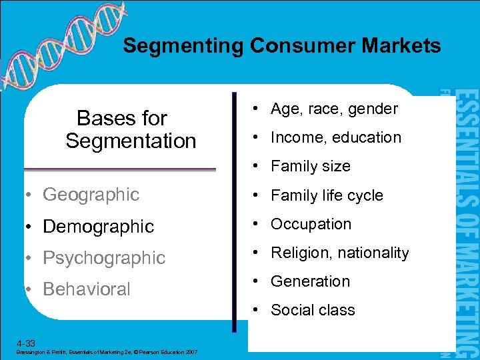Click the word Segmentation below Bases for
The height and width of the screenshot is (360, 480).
click(x=131, y=141)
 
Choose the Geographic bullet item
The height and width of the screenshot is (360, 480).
click(x=91, y=195)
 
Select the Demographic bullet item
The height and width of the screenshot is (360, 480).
click(x=98, y=227)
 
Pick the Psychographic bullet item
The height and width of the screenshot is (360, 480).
click(x=103, y=258)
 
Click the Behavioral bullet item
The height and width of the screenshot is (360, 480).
click(x=86, y=289)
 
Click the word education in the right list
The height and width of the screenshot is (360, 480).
click(x=367, y=138)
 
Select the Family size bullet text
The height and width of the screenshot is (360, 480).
click(x=310, y=167)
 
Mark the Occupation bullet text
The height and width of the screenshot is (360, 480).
click(x=311, y=225)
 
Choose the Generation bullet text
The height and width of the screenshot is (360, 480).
click(x=310, y=282)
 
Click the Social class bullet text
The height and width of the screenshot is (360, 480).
click(x=313, y=311)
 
